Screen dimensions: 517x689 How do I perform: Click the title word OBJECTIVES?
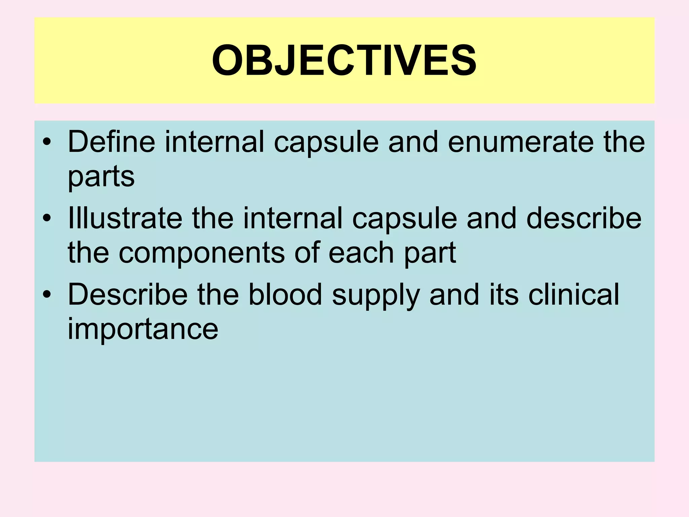(x=344, y=61)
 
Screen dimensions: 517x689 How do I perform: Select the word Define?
(x=111, y=142)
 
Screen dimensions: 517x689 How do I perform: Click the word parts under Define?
(x=101, y=177)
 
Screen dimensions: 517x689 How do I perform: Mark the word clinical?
(x=574, y=295)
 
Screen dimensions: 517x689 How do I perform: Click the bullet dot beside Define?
(x=47, y=143)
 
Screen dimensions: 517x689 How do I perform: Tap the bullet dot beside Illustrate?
(x=47, y=219)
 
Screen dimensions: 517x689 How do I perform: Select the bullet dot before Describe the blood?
(x=47, y=295)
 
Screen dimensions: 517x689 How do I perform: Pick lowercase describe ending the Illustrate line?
(x=584, y=218)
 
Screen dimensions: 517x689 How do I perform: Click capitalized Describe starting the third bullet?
(x=128, y=295)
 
